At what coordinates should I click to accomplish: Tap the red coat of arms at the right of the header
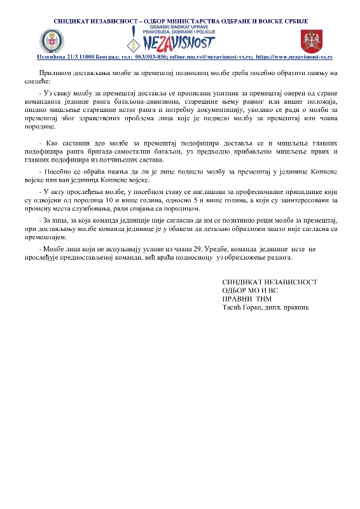310,41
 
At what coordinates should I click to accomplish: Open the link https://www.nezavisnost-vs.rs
291,57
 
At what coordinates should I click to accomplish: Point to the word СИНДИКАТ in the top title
73,21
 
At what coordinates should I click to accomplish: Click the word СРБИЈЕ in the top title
296,21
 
